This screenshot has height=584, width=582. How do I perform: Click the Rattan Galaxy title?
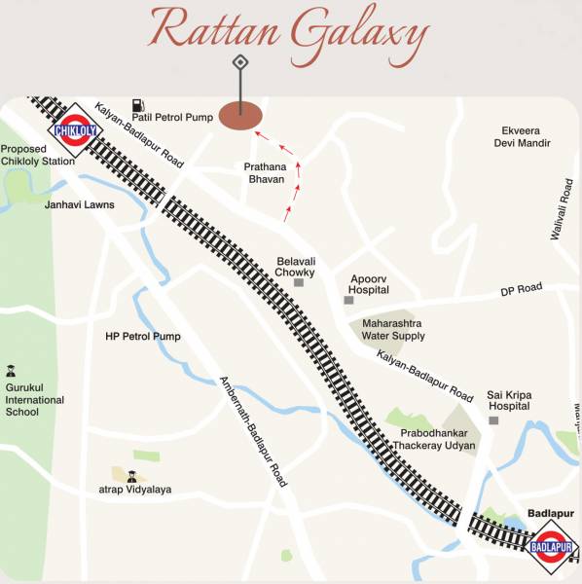(289, 34)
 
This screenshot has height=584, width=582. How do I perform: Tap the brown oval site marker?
(239, 115)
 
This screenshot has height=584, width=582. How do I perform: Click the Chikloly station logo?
(74, 129)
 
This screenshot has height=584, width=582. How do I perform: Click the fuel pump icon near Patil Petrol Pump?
(138, 102)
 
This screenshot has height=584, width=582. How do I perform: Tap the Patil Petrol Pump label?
(172, 117)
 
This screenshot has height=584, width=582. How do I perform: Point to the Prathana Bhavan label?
(265, 173)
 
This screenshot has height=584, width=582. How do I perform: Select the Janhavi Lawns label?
(79, 205)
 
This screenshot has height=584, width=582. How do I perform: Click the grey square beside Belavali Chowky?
(300, 281)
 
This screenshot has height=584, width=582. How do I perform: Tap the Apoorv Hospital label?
(370, 284)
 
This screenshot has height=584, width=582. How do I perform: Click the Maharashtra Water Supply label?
(394, 330)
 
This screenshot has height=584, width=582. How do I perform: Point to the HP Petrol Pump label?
(143, 337)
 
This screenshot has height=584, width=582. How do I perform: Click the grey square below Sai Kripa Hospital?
(493, 420)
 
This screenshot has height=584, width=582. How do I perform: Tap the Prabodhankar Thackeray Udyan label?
(434, 439)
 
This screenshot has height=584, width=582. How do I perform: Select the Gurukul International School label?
(35, 399)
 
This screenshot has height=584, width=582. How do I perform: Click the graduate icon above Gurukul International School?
(11, 371)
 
